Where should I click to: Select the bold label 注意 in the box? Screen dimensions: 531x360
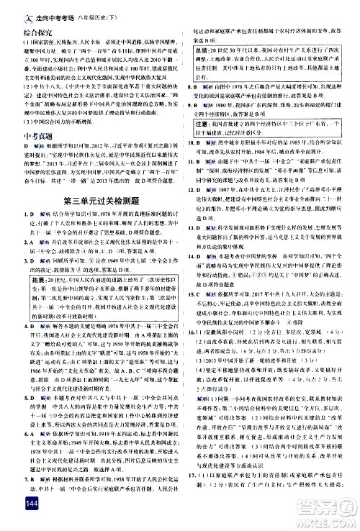(x=204, y=123)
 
